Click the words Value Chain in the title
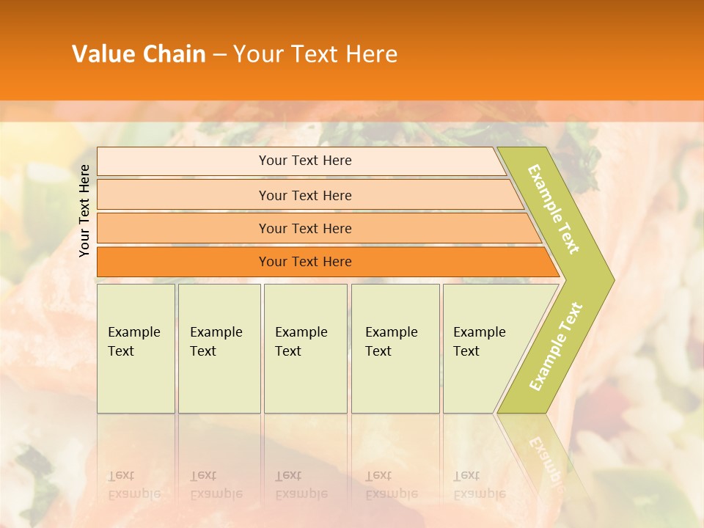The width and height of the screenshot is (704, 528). coord(139,54)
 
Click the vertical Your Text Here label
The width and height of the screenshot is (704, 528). coord(84,210)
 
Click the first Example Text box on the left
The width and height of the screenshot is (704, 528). coord(136,348)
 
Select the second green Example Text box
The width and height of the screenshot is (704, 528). coord(219,348)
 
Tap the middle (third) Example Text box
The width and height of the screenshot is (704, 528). coord(305,348)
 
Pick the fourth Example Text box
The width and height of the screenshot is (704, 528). coord(395,348)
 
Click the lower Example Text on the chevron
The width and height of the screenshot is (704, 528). coord(556,346)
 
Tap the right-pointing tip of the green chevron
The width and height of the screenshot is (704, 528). coord(610,279)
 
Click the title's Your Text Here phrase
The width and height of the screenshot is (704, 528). coord(315,54)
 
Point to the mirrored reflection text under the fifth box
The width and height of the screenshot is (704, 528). coord(479,485)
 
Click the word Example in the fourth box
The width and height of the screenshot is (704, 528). coord(392,332)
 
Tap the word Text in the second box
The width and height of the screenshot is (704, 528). coord(203,351)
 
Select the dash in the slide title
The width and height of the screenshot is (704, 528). coord(219,54)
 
